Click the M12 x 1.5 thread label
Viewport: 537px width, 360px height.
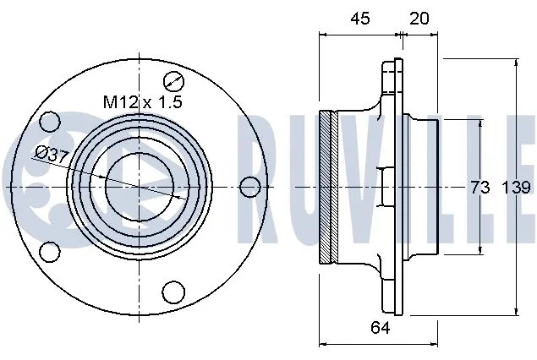pos(143,102)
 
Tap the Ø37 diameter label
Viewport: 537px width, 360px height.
pos(52,153)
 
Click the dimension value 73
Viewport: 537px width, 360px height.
pos(479,188)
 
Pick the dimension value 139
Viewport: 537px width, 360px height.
pos(516,188)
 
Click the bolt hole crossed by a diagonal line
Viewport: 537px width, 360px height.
pos(174,82)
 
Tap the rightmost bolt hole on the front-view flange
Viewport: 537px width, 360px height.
pos(248,186)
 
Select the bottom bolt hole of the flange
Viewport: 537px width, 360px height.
pos(173,291)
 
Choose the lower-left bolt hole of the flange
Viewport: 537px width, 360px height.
pos(51,251)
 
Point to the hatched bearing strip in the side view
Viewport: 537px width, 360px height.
pos(332,186)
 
